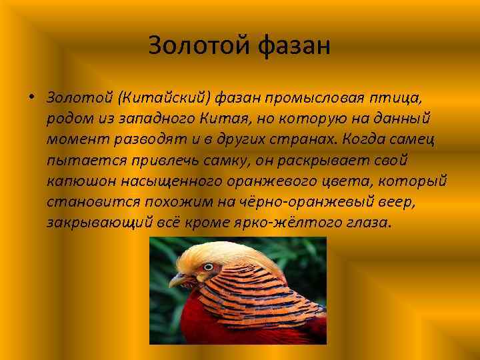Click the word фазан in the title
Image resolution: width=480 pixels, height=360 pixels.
pos(293,45)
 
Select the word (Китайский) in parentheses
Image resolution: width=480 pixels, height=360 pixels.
pos(163,99)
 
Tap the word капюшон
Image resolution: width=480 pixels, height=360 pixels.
pos(79,181)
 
